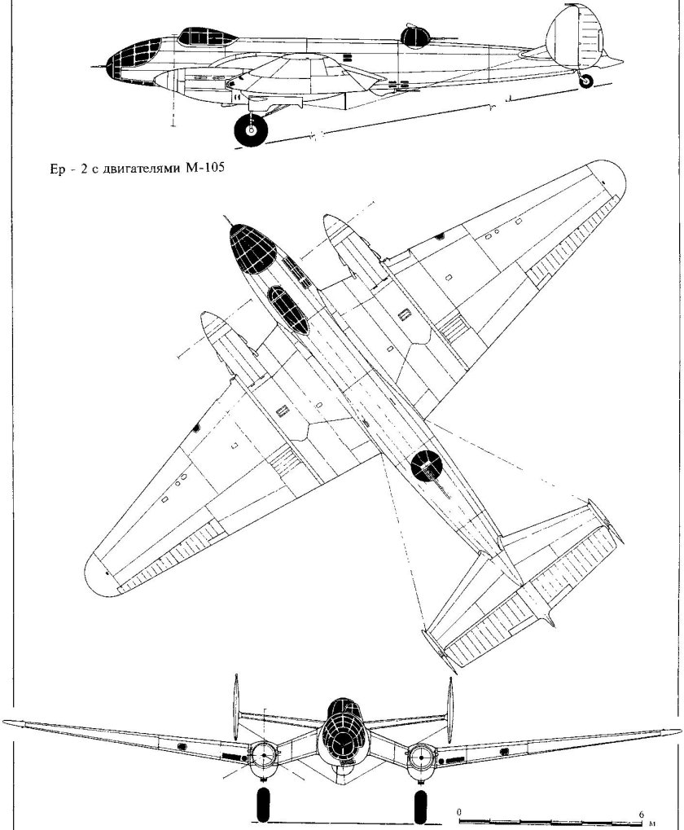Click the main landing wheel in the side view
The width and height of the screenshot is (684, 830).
252,130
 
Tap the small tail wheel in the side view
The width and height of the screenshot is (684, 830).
585,81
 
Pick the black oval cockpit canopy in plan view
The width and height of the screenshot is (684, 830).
290,310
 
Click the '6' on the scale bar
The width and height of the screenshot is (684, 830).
642,813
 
